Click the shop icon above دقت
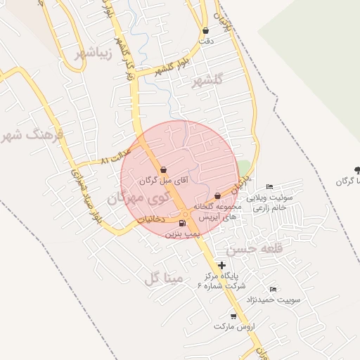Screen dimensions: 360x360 [205, 31]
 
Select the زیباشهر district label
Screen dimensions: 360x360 [78, 53]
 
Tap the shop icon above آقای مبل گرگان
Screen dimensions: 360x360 [163, 169]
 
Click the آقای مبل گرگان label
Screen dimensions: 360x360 [164, 181]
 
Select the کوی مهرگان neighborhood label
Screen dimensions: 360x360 [135, 200]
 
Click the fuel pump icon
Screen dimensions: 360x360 [184, 224]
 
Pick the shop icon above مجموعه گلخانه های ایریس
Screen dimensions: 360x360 [217, 195]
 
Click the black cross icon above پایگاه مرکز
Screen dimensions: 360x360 [222, 265]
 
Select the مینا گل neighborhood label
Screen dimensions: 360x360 [163, 278]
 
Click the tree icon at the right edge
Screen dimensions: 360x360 [357, 169]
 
